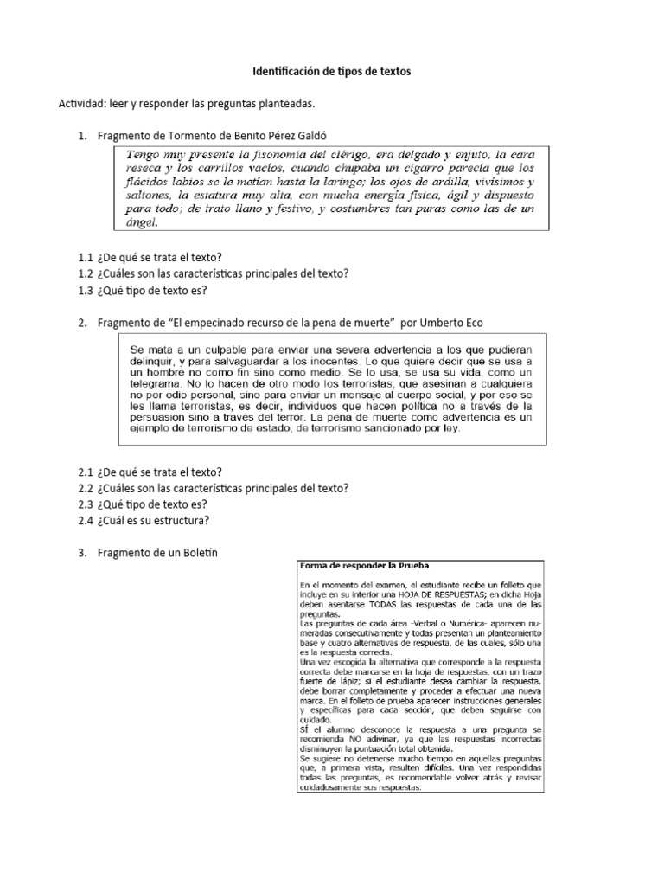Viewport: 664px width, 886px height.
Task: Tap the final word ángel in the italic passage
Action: click(x=143, y=223)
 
